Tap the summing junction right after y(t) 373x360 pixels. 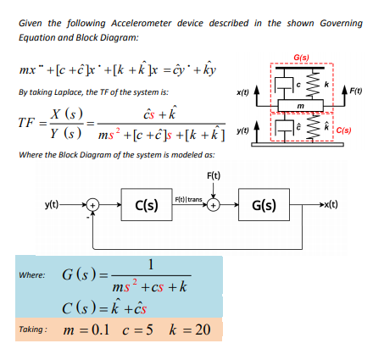(x=95, y=204)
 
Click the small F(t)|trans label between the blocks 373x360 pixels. (x=188, y=200)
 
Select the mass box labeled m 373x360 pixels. (x=301, y=105)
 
